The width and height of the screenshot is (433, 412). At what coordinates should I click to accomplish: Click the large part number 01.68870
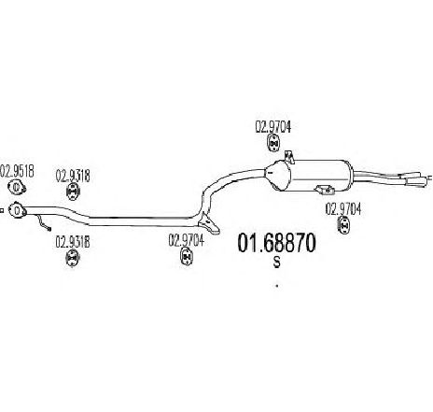[276, 243]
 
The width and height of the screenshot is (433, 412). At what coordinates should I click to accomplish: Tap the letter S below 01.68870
[276, 263]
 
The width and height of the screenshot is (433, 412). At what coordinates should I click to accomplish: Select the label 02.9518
[18, 171]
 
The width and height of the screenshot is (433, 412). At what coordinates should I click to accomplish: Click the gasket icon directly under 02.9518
[17, 187]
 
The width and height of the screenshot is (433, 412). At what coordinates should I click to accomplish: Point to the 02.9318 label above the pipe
[73, 176]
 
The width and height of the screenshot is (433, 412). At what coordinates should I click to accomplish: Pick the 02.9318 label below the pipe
[73, 242]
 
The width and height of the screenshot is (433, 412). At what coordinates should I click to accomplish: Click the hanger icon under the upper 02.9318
[73, 192]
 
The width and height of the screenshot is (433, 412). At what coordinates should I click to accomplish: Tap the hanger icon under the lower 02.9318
[73, 258]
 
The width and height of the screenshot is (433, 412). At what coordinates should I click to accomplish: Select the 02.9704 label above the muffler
[273, 127]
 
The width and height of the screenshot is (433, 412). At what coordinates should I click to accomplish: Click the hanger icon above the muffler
[273, 143]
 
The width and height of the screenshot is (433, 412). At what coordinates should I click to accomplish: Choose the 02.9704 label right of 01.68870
[343, 209]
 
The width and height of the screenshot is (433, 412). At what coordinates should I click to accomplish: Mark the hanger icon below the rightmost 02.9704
[343, 225]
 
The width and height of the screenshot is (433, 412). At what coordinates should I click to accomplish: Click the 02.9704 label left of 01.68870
[187, 240]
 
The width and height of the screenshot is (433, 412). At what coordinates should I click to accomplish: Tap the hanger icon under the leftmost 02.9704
[187, 257]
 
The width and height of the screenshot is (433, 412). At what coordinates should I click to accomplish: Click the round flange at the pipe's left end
[17, 210]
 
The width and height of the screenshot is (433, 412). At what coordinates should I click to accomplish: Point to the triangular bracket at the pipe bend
[209, 222]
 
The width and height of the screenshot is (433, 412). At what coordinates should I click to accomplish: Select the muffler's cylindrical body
[320, 175]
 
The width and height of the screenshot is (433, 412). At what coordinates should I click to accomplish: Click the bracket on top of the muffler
[289, 157]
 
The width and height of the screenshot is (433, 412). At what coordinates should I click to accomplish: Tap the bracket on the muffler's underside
[325, 189]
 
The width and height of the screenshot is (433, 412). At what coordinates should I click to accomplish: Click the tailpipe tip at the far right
[416, 181]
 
